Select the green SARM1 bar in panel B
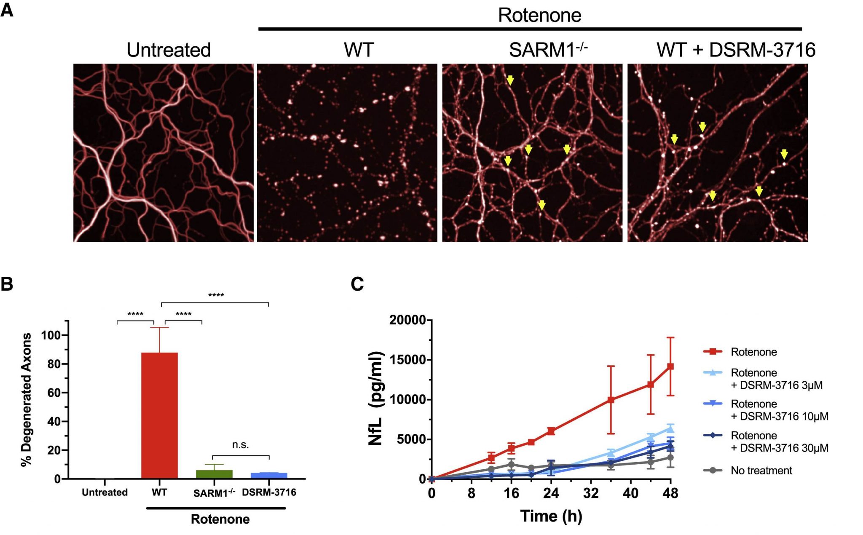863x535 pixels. (x=214, y=474)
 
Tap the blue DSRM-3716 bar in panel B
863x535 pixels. (x=269, y=475)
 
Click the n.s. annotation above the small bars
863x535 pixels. (x=240, y=445)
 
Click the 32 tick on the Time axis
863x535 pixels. (x=591, y=493)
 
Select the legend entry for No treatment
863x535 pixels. (x=761, y=470)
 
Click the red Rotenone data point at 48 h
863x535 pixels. (x=670, y=366)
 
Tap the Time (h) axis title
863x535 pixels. (x=551, y=516)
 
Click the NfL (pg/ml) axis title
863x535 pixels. (x=375, y=398)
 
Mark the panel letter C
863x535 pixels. (x=357, y=284)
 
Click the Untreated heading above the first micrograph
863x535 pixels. (x=169, y=50)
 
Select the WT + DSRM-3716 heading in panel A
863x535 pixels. (x=736, y=50)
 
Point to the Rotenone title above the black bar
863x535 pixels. (x=539, y=15)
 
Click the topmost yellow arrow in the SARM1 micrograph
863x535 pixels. (x=510, y=80)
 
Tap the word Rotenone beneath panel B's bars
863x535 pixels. (x=220, y=519)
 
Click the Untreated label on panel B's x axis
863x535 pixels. (x=105, y=492)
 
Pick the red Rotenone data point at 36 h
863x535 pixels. (x=611, y=400)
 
